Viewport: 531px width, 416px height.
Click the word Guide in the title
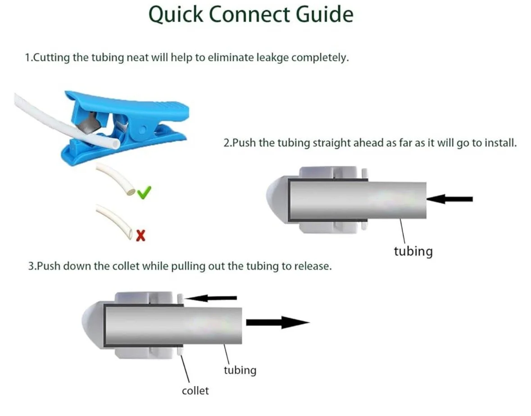(324, 14)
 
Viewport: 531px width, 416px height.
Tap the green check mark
(144, 193)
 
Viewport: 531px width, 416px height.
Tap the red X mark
(141, 235)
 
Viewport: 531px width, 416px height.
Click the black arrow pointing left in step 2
(449, 199)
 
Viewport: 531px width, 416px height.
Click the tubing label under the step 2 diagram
(413, 251)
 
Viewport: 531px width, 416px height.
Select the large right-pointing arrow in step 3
(277, 322)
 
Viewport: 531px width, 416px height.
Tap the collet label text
(195, 390)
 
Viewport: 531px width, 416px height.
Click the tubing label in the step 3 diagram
(240, 370)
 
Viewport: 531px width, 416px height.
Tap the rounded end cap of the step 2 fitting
(275, 199)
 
